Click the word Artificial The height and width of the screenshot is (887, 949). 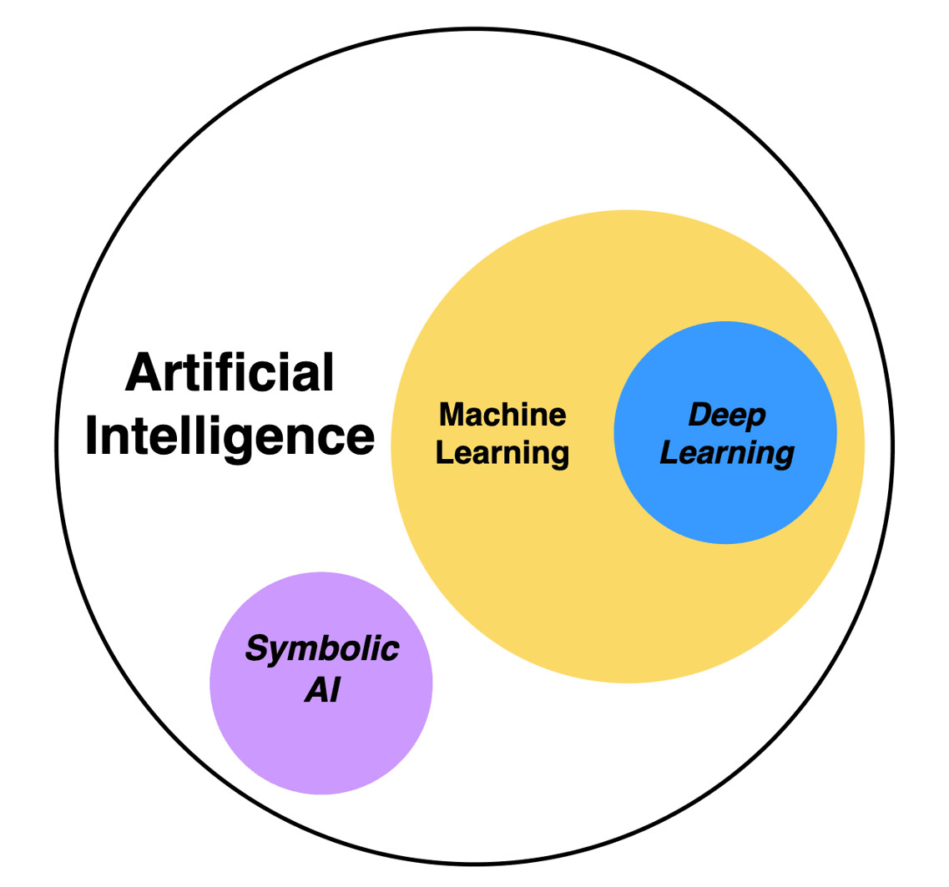(230, 373)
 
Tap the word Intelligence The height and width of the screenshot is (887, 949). (230, 436)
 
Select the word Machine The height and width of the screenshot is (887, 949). (502, 414)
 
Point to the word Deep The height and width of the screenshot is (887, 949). (726, 416)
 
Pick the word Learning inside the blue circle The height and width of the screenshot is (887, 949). (726, 454)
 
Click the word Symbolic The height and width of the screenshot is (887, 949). (322, 650)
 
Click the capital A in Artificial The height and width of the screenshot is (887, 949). (142, 373)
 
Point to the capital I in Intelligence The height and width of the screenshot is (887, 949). (91, 436)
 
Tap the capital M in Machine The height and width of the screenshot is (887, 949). (452, 414)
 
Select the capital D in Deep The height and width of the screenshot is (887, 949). (699, 415)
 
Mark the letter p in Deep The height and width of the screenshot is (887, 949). (755, 419)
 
